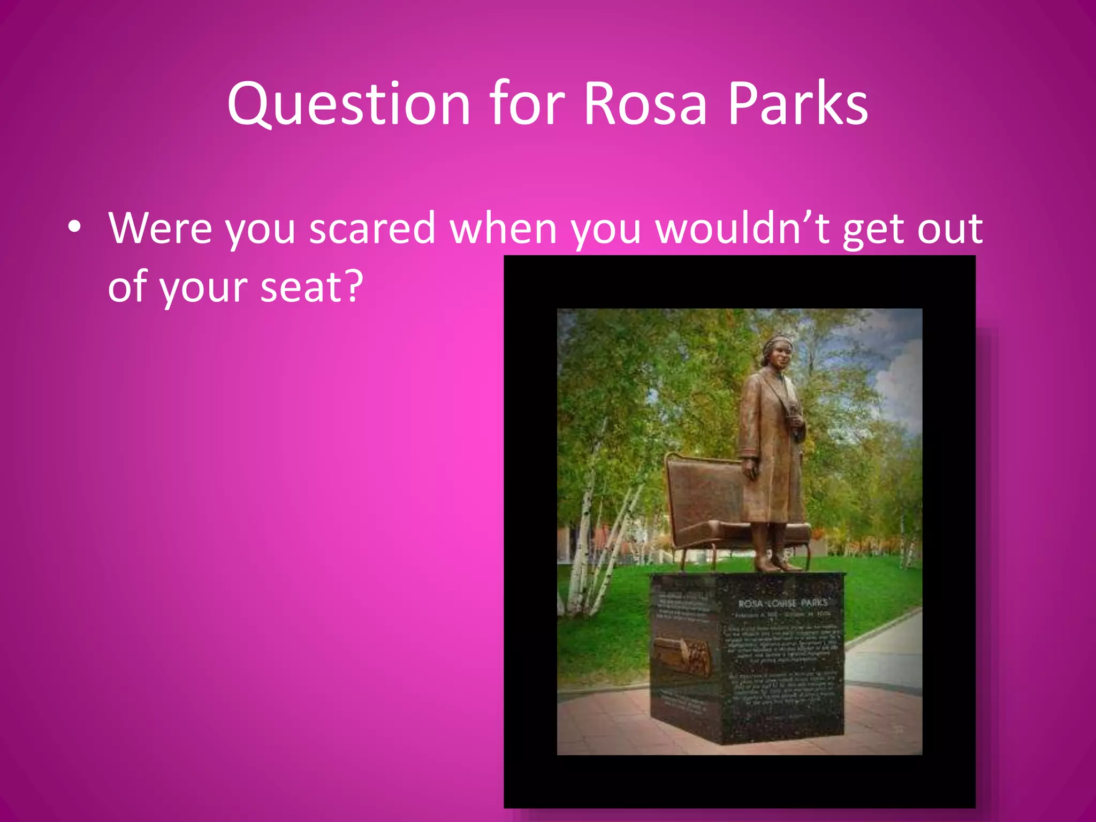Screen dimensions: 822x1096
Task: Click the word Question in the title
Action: coord(348,104)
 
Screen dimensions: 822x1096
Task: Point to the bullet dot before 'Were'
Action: coord(75,227)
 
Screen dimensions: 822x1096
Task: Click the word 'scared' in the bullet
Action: coord(372,229)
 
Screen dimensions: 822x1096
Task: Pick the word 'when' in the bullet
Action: coord(503,229)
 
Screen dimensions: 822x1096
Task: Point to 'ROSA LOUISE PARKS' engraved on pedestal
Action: coord(782,603)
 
